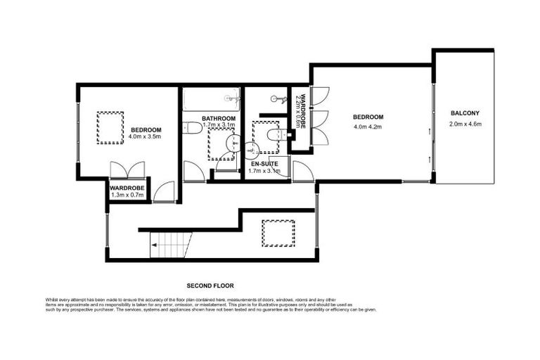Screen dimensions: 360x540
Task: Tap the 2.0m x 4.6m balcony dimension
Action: [464, 124]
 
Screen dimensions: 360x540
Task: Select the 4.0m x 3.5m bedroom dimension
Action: [146, 137]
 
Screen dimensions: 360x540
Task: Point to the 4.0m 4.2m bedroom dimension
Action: [368, 127]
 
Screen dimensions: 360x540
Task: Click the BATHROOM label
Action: [218, 118]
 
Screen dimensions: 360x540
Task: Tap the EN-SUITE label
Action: [266, 163]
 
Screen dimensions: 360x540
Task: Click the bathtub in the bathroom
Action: [212, 100]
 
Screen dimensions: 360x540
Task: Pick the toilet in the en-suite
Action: [274, 134]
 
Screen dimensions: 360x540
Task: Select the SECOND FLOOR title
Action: [210, 286]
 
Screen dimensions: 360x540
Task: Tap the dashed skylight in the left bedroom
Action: [110, 128]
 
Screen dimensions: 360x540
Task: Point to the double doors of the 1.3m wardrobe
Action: [127, 171]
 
